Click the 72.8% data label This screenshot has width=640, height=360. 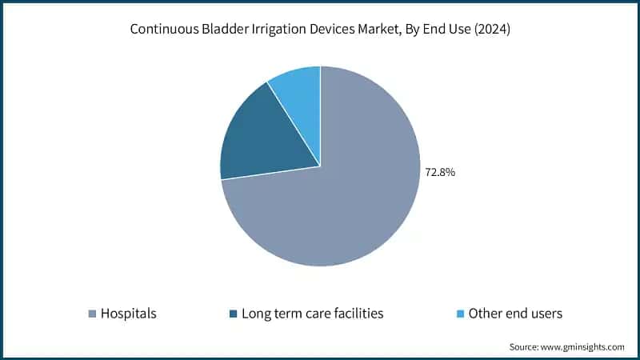click(439, 172)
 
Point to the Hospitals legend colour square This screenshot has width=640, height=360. click(92, 314)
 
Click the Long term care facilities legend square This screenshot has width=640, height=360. click(233, 314)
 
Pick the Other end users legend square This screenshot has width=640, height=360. click(460, 314)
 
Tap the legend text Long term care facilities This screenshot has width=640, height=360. click(312, 314)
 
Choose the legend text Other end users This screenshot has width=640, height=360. click(515, 314)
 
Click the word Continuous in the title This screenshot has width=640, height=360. click(163, 31)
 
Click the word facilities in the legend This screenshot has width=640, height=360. click(354, 314)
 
